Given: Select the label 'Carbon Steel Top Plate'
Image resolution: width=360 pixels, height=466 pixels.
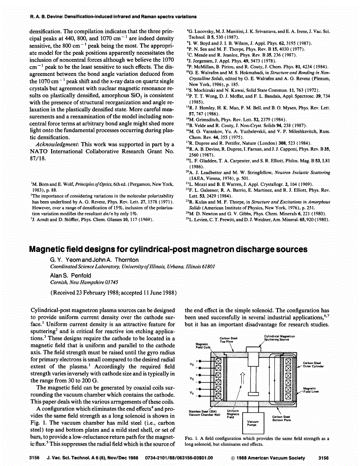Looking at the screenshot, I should point(229,341).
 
